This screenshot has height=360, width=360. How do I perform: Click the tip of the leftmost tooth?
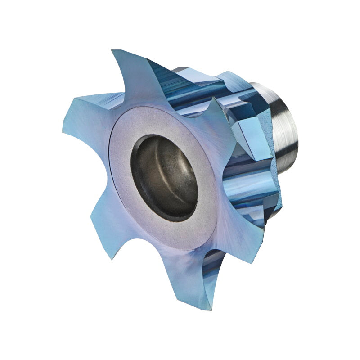[x=63, y=130]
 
